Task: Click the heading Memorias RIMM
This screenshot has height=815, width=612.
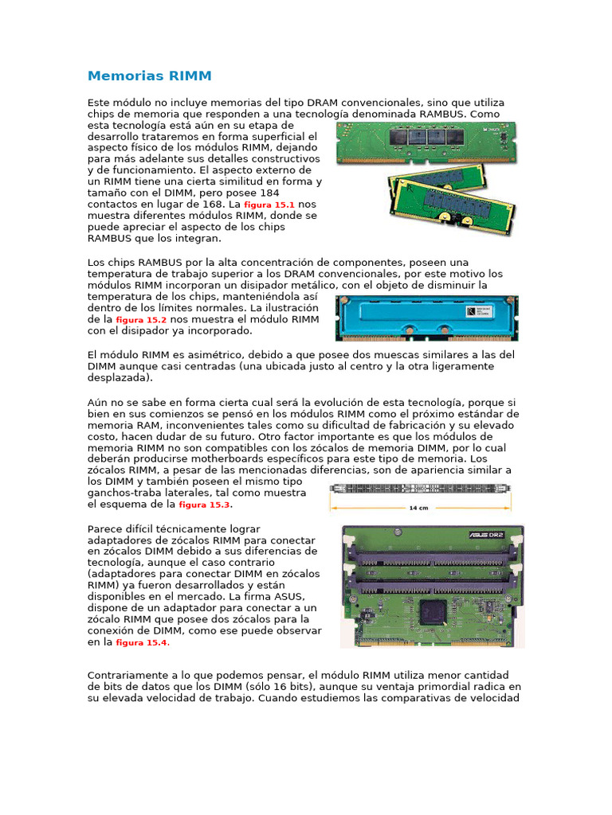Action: (149, 76)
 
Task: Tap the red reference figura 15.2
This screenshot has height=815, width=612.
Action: (141, 320)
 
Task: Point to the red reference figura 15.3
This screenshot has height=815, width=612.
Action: (204, 505)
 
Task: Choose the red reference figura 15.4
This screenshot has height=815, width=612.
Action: (142, 642)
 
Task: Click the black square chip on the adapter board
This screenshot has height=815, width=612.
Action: (433, 611)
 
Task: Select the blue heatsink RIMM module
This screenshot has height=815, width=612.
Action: (430, 318)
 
